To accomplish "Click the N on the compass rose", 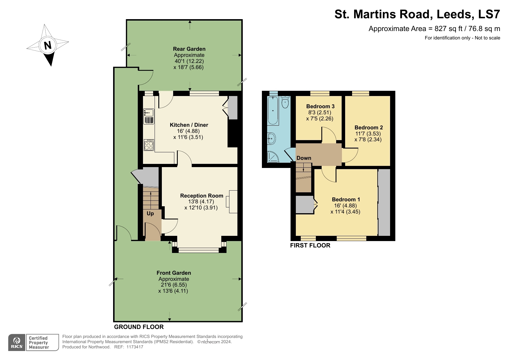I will click(48, 46).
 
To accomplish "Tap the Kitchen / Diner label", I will click(189, 125).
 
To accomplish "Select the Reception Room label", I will click(202, 196).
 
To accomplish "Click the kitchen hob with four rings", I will click(149, 145).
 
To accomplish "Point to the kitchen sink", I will click(149, 112).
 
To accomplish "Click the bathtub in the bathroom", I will click(273, 111).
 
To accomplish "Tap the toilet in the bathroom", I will click(285, 102).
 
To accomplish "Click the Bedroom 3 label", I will click(320, 106).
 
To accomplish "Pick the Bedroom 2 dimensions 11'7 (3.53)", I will click(368, 134).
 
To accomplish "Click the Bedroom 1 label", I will click(346, 200).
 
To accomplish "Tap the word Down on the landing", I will click(304, 158).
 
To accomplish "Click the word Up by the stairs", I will click(150, 214).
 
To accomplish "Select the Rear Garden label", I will click(189, 49).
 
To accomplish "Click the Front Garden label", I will click(174, 273).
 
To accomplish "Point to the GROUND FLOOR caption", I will click(139, 327).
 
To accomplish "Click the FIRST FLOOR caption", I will click(310, 245).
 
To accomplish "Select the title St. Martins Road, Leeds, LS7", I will click(417, 14).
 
